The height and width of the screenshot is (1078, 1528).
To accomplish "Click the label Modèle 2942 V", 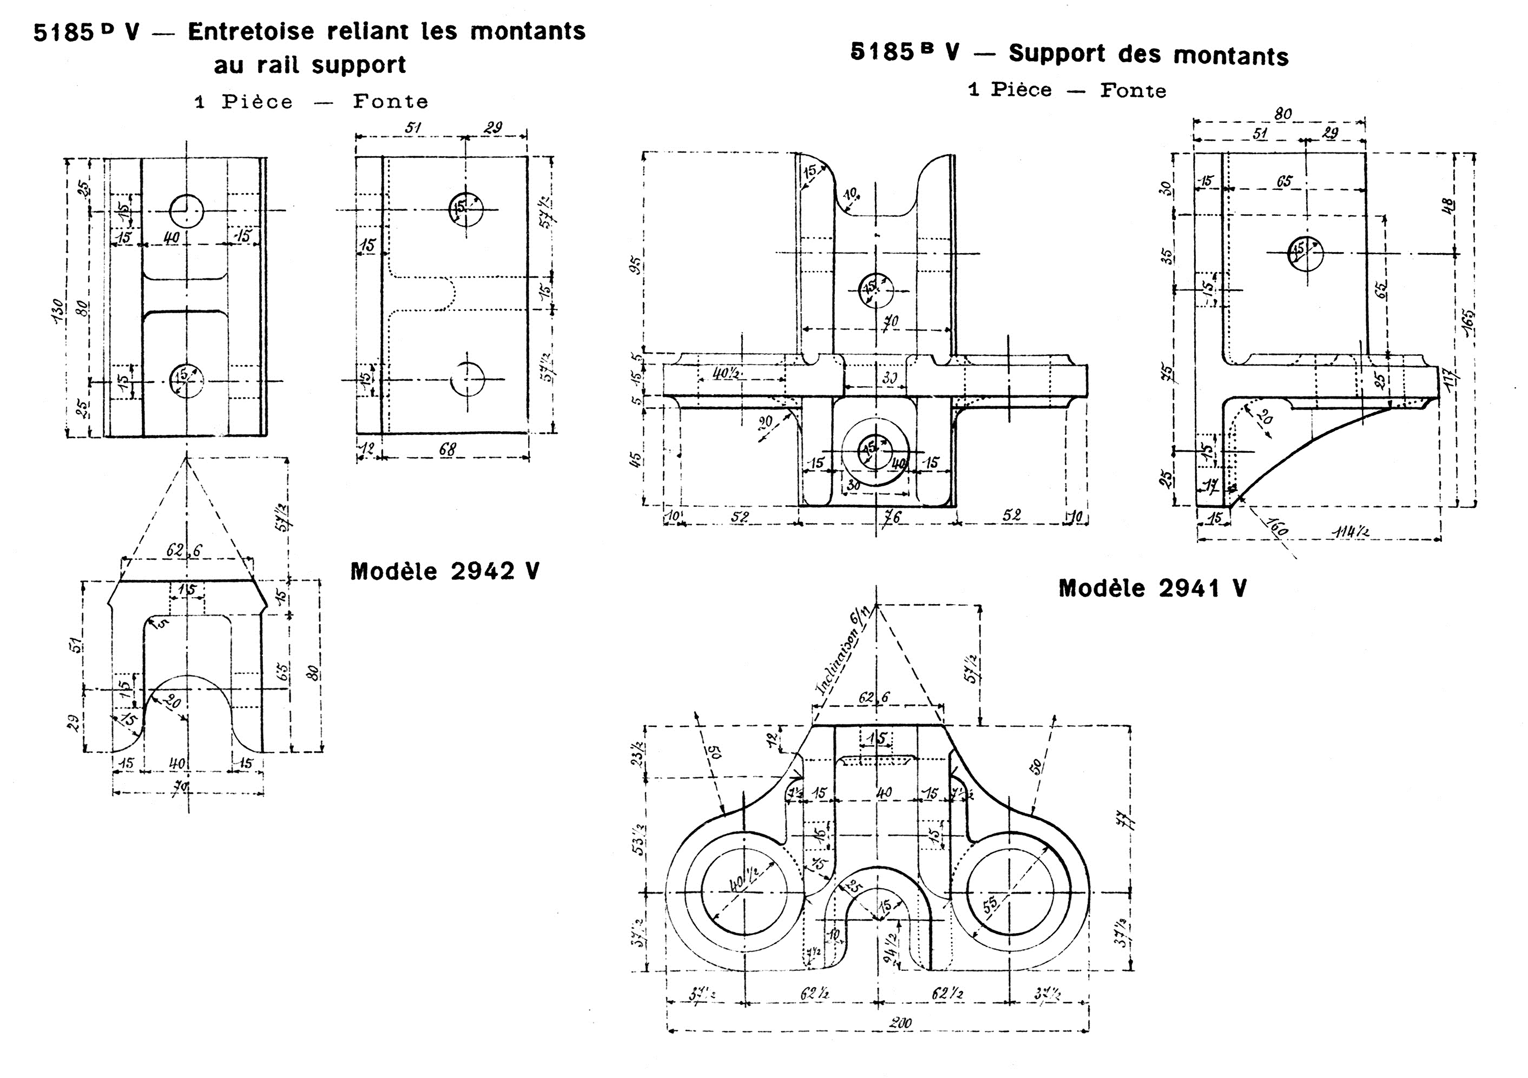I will pyautogui.click(x=445, y=572).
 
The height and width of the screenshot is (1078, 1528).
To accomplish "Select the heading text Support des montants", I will pyautogui.click(x=1148, y=55).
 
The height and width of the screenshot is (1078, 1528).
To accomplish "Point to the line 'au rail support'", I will pyautogui.click(x=309, y=65).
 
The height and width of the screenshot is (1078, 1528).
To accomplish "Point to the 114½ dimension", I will pyautogui.click(x=1351, y=531).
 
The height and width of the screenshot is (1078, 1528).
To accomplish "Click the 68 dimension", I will pyautogui.click(x=447, y=450).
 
